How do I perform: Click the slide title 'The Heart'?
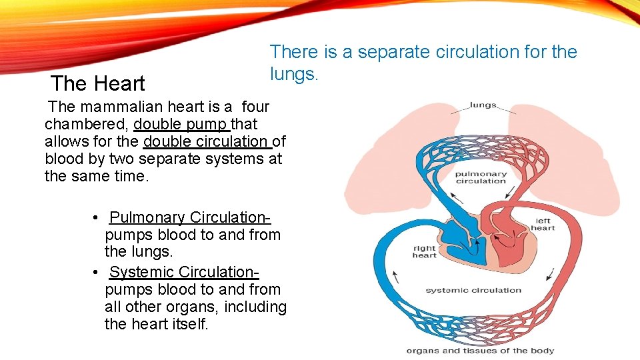pyautogui.click(x=98, y=84)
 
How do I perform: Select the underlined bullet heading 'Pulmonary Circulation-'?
pyautogui.click(x=190, y=217)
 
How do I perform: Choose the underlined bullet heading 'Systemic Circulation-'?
pyautogui.click(x=184, y=272)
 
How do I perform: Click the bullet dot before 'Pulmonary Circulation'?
pyautogui.click(x=97, y=218)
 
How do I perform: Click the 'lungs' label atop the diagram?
pyautogui.click(x=483, y=105)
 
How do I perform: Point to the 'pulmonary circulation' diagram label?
pyautogui.click(x=481, y=177)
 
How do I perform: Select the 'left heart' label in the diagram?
pyautogui.click(x=543, y=224)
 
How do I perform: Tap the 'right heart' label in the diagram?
pyautogui.click(x=424, y=251)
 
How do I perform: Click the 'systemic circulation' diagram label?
pyautogui.click(x=473, y=290)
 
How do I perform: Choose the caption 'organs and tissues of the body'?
pyautogui.click(x=480, y=351)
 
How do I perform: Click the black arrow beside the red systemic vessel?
pyautogui.click(x=551, y=273)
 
